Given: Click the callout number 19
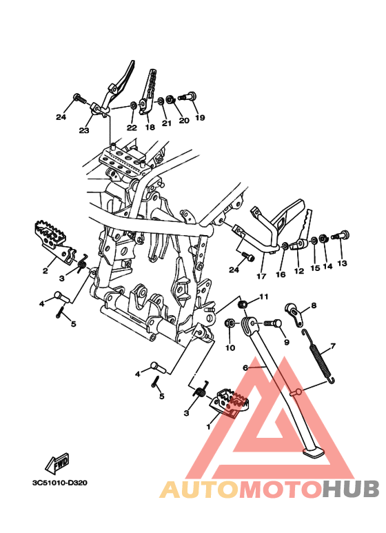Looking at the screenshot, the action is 200,118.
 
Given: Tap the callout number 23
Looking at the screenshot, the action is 84,130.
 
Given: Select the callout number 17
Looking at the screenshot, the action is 261,276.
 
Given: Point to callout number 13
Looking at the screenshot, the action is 342,263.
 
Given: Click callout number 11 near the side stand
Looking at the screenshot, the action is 264,296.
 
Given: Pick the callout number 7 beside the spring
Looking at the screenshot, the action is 333,346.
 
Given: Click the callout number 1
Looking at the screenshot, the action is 209,427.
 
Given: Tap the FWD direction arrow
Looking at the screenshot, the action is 58,463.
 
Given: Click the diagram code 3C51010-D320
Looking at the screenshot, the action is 60,483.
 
